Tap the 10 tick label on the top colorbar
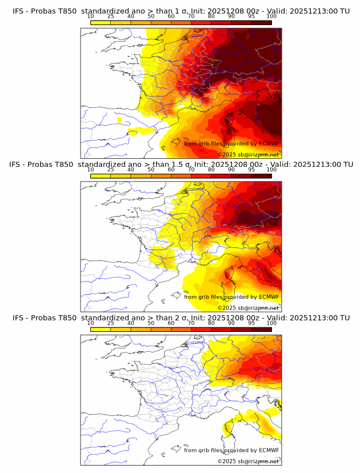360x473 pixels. (91, 17)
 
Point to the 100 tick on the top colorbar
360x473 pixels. (271, 17)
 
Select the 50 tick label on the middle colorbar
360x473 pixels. (151, 170)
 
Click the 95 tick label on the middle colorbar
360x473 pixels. (251, 170)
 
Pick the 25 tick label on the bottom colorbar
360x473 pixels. (111, 323)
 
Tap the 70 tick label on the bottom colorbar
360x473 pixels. (191, 323)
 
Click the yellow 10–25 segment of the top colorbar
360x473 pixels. (101, 23)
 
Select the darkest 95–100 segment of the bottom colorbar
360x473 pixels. (261, 329)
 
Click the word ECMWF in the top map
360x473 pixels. (269, 144)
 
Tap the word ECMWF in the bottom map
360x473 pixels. (269, 450)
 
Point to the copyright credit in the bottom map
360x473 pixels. (249, 460)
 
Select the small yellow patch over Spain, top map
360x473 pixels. (119, 121)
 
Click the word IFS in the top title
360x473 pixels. (18, 11)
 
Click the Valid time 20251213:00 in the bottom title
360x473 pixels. (315, 318)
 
